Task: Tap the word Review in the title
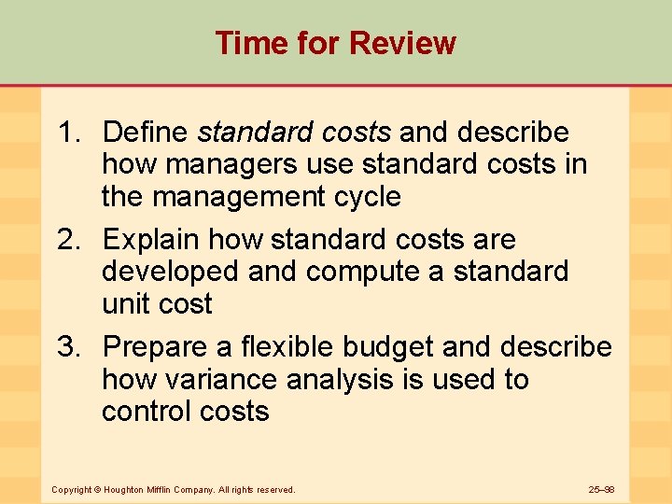tap(404, 43)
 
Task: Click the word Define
tap(147, 133)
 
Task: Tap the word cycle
tap(366, 197)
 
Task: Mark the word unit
tap(127, 304)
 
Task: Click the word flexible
tap(288, 347)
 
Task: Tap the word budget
tap(388, 347)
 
